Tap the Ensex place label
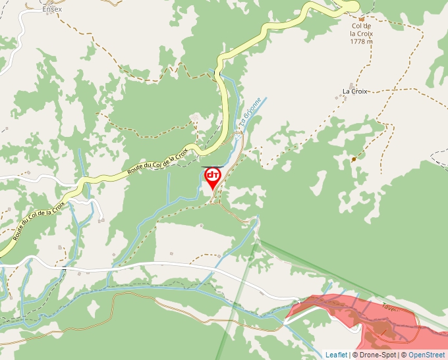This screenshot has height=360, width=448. (x=51, y=9)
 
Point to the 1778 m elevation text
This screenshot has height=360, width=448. (x=361, y=41)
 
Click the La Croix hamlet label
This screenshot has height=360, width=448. (x=354, y=91)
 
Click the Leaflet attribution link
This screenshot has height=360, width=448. (x=336, y=355)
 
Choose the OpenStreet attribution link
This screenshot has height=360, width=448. (x=426, y=355)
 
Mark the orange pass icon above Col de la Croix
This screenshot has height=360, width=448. (x=361, y=20)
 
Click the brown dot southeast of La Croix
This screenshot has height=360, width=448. (x=354, y=159)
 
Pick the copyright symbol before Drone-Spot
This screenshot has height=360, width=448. (x=354, y=355)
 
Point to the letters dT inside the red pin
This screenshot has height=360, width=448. (x=213, y=175)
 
